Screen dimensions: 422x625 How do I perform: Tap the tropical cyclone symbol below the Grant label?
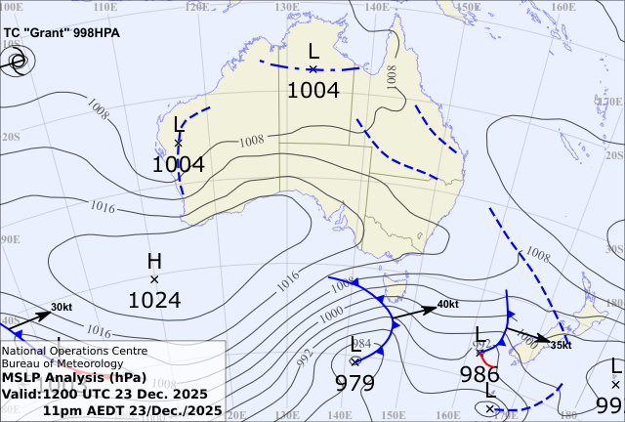tap(17, 63)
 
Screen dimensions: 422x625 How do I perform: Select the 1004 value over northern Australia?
tap(312, 91)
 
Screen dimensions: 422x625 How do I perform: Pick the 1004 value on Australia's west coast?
tap(178, 165)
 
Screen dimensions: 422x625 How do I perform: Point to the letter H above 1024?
tap(154, 261)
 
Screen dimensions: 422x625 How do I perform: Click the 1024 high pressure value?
tap(154, 301)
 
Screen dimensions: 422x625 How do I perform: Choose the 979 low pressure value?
tap(354, 382)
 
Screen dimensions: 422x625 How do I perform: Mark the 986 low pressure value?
tap(479, 374)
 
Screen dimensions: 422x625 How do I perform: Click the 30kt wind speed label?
tap(62, 308)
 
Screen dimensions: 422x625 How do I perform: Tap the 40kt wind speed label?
tap(447, 304)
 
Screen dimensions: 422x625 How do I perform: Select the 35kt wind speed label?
tap(561, 345)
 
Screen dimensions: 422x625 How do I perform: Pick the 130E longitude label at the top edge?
tap(287, 6)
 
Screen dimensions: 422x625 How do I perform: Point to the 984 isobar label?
tap(362, 344)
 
